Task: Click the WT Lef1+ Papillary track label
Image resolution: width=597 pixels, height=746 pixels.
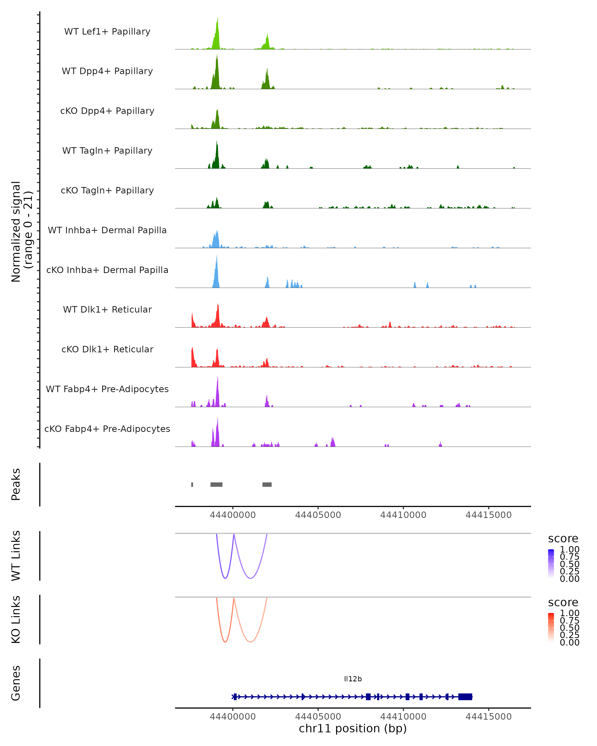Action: click(x=107, y=32)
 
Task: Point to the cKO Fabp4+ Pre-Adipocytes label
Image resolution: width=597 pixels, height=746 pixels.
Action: click(x=107, y=429)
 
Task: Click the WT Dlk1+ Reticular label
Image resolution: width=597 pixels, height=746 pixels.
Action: click(x=107, y=309)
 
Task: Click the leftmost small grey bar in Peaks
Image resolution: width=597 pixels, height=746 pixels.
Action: click(x=192, y=484)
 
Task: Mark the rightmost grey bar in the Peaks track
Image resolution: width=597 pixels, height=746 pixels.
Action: click(x=267, y=484)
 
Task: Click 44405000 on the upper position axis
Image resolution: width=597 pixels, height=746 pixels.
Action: click(x=318, y=515)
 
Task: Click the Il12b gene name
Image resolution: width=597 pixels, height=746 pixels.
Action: click(x=353, y=679)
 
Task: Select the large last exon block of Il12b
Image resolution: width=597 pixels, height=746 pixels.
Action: click(x=465, y=697)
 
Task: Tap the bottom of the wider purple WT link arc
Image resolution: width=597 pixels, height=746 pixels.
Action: click(x=250, y=578)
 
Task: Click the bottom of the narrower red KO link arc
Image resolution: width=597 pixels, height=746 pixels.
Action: click(x=225, y=642)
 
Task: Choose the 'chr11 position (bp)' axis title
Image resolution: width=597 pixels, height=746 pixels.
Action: click(x=353, y=728)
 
